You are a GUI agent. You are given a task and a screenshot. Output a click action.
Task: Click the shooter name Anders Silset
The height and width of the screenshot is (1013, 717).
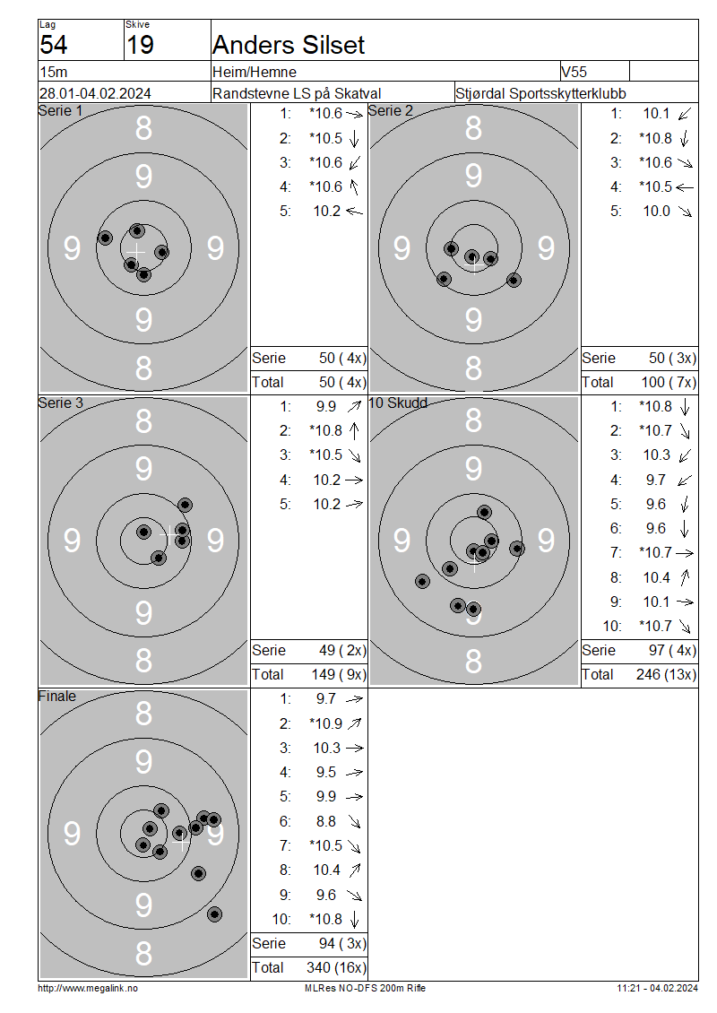click(288, 45)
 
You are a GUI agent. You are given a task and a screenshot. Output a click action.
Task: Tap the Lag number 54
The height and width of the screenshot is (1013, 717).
click(53, 45)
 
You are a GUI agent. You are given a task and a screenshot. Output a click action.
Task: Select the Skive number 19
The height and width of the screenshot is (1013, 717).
click(140, 45)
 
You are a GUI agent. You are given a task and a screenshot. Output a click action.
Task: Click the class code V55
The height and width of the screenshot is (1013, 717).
click(574, 72)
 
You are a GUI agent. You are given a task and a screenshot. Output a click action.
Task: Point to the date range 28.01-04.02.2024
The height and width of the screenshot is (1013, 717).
click(95, 93)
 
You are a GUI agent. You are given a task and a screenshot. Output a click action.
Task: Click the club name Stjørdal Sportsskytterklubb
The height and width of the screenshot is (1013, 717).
click(540, 93)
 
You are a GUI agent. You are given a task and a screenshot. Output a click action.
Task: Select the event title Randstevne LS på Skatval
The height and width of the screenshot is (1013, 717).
click(297, 93)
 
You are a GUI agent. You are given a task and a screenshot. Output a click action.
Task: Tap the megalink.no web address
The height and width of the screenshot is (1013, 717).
click(88, 988)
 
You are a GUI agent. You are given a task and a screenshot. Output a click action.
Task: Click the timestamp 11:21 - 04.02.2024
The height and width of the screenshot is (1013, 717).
click(657, 988)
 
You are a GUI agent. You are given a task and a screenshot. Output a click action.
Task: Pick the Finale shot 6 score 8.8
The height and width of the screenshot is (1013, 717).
click(326, 821)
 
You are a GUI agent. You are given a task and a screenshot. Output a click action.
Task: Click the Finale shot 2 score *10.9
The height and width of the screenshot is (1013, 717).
click(325, 723)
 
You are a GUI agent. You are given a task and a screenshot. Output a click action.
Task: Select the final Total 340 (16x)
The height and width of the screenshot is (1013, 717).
click(336, 967)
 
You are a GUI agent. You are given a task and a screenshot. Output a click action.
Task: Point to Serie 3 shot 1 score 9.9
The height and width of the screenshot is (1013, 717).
click(326, 406)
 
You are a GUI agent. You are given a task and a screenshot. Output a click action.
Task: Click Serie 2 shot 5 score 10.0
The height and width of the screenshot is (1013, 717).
click(656, 212)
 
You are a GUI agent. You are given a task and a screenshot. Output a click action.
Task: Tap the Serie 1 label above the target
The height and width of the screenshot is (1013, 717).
click(60, 111)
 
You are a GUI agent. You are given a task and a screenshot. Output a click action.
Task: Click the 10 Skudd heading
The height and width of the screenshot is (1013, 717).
click(398, 403)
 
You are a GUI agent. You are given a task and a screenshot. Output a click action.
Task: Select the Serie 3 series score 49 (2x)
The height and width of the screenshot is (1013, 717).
click(342, 650)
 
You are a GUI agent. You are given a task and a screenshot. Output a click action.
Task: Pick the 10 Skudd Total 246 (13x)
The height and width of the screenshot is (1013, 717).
click(666, 674)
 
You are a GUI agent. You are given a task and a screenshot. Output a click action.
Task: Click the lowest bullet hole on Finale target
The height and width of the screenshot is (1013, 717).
click(214, 914)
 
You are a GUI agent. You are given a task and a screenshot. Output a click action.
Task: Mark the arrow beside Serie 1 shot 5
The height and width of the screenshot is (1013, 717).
click(355, 211)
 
